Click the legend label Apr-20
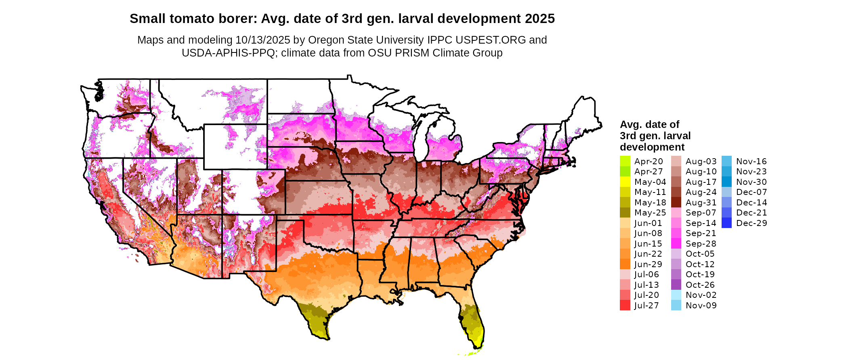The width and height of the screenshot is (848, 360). [649, 161]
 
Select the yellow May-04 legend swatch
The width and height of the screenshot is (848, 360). [625, 182]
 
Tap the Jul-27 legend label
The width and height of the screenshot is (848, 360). [646, 306]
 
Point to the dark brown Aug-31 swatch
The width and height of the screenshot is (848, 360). [676, 203]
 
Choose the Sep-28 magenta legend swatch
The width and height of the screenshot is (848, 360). [676, 244]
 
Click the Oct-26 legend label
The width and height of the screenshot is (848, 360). [700, 285]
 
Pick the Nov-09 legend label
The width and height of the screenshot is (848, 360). [701, 306]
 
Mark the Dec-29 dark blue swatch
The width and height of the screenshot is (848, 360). [726, 223]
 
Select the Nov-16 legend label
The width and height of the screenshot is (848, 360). [751, 161]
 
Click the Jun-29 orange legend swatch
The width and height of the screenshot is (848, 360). [625, 264]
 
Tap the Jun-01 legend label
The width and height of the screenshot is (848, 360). [648, 223]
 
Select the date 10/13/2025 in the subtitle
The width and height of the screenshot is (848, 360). [263, 40]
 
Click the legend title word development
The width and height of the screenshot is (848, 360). [652, 147]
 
